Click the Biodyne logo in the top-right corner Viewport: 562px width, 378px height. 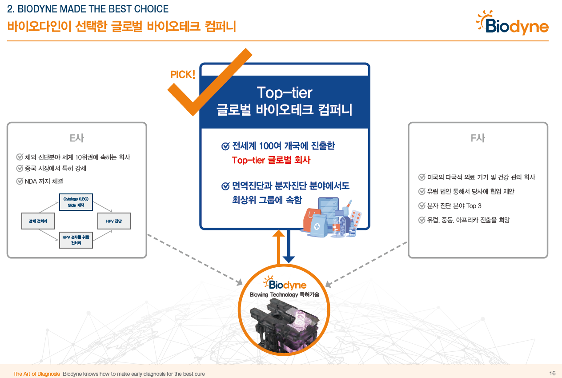tap(512, 23)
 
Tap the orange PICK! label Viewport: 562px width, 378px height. tap(183, 74)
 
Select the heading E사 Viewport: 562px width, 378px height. tap(76, 138)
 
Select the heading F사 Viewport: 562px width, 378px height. tap(478, 138)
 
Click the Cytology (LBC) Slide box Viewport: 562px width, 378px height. tap(76, 202)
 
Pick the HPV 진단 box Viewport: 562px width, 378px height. tap(114, 221)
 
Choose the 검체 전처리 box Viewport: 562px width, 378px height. tap(38, 221)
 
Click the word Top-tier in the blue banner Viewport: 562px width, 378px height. tap(285, 92)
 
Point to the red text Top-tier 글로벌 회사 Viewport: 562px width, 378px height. tap(271, 160)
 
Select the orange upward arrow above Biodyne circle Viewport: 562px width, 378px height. tap(278, 247)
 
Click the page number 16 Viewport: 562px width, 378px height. tap(552, 373)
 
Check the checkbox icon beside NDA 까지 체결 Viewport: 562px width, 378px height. tap(20, 181)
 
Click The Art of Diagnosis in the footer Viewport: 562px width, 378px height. tap(36, 374)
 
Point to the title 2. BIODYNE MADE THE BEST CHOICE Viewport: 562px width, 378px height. tap(88, 9)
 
